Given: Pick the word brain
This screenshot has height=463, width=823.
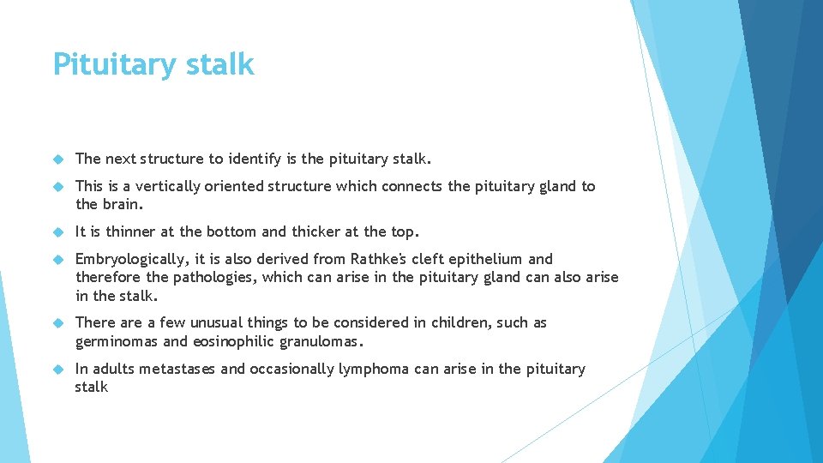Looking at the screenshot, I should pos(121,204).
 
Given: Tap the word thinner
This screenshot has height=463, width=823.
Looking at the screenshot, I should pos(126,231).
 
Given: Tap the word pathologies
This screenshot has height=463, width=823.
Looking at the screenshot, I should pos(215,277).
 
